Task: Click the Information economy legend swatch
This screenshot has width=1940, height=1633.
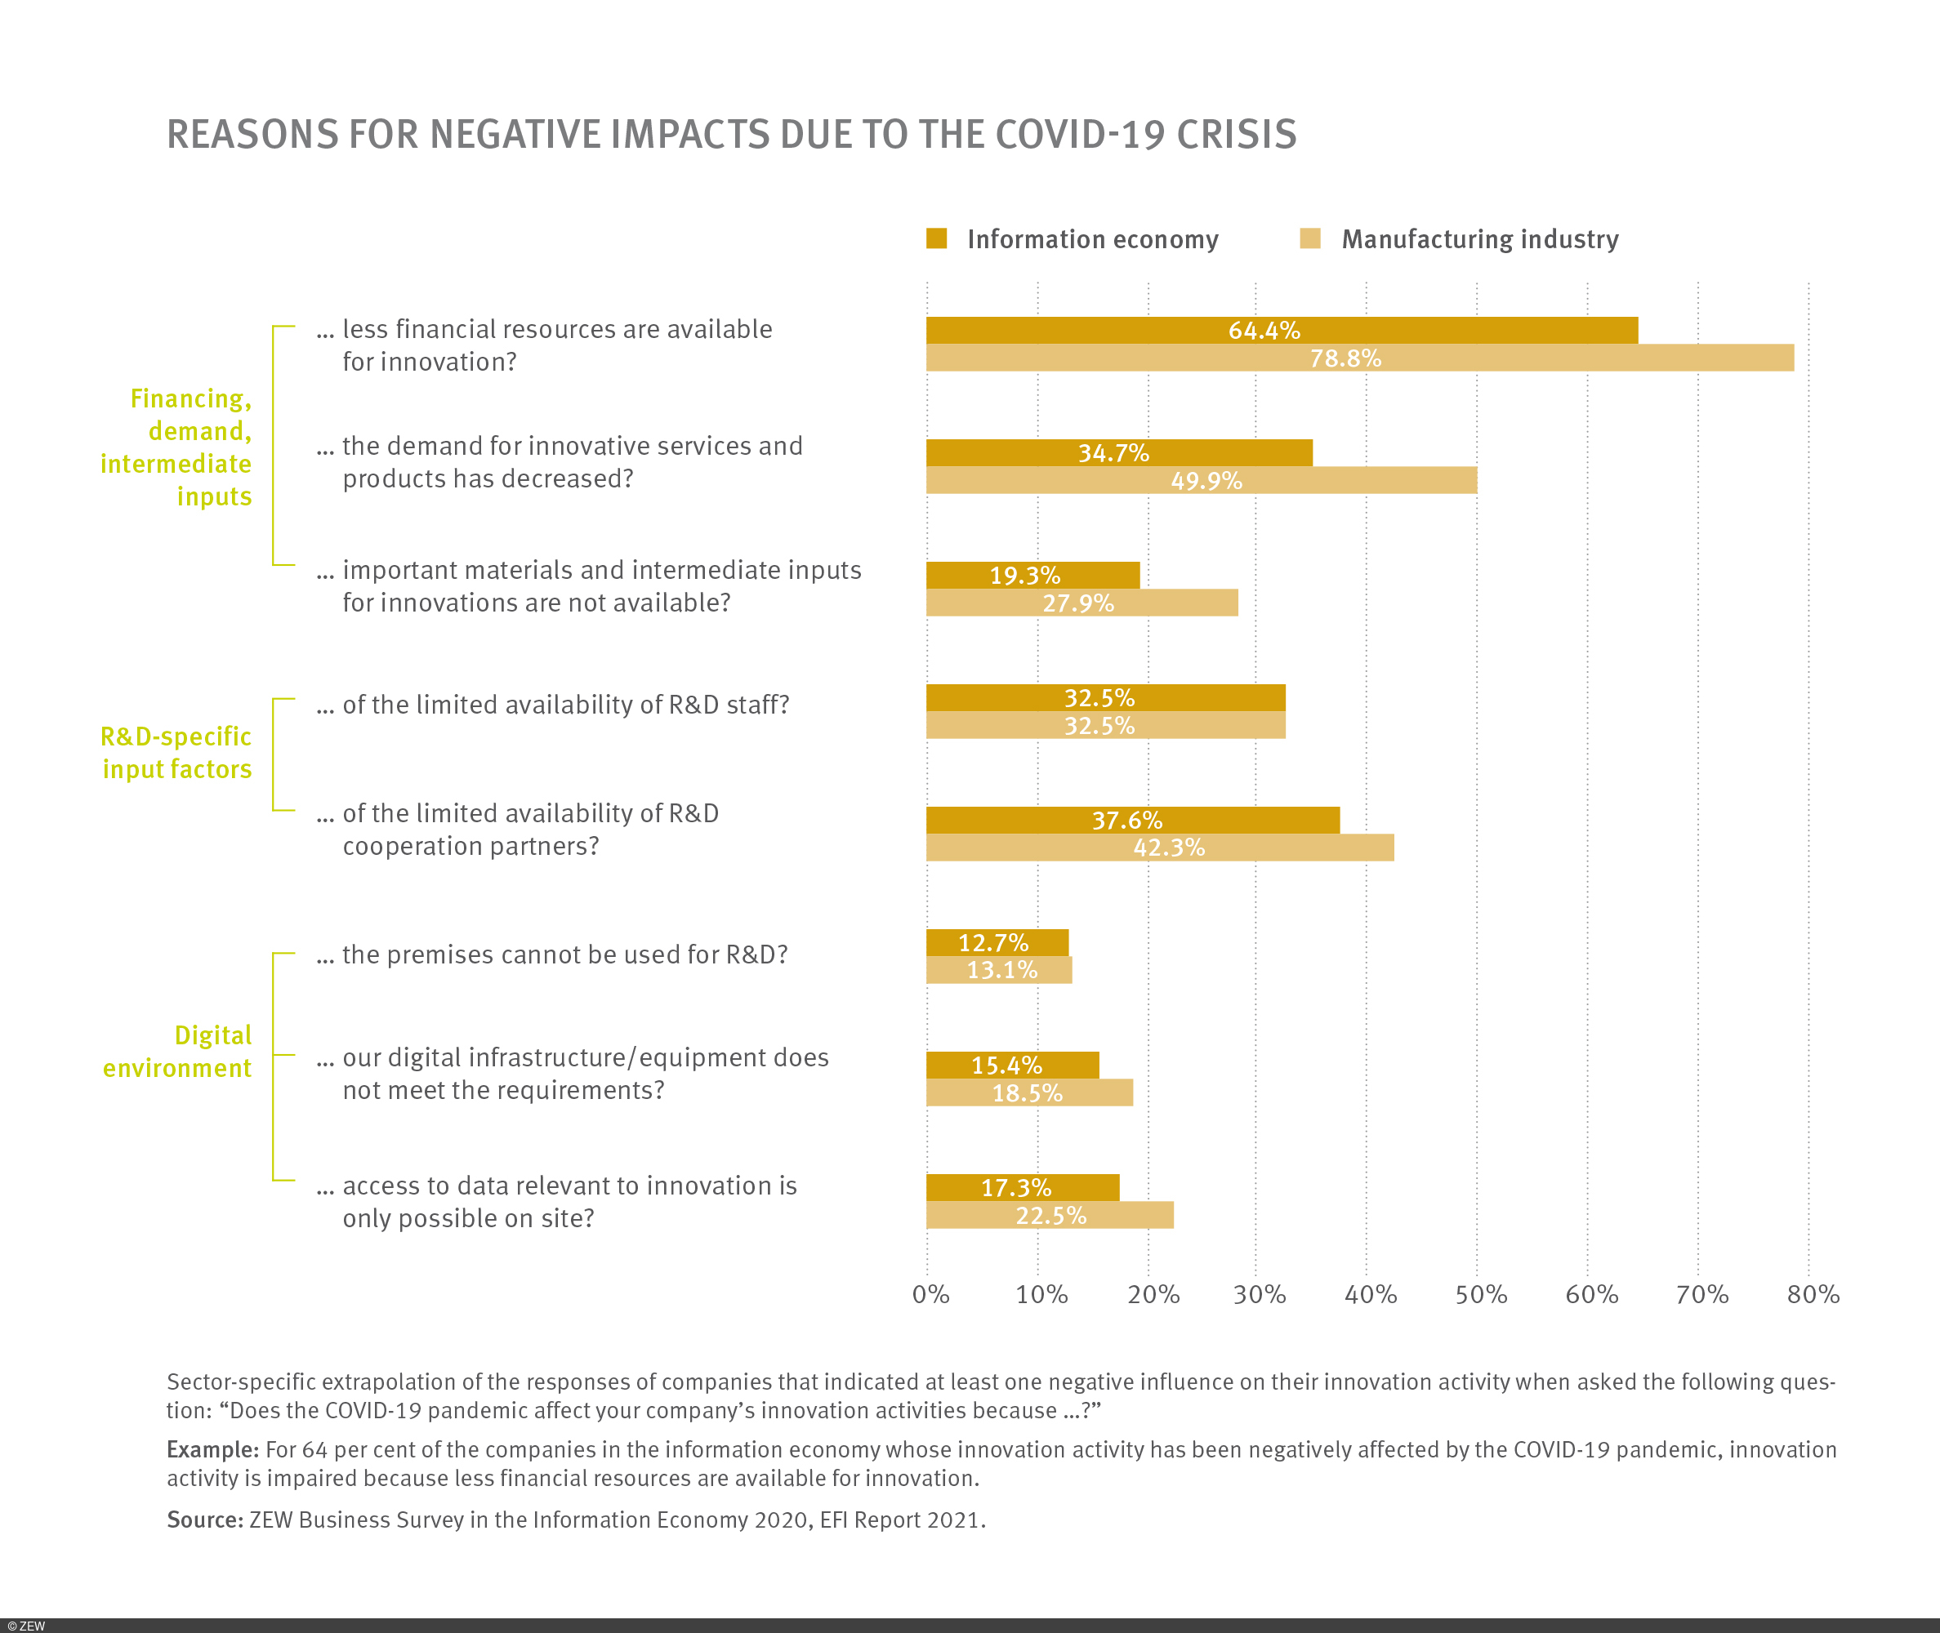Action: point(936,239)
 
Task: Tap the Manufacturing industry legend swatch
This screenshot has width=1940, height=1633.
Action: point(1310,239)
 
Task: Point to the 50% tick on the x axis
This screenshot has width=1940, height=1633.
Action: point(1481,1294)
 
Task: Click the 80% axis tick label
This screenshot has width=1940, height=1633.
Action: point(1813,1294)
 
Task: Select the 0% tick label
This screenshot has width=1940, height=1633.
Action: point(930,1294)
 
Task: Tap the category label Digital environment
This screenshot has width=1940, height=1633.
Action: point(177,1052)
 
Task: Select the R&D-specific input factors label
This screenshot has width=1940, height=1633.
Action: point(176,753)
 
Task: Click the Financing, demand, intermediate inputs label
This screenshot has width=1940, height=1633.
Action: point(176,447)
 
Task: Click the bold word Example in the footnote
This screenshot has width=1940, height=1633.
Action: point(212,1450)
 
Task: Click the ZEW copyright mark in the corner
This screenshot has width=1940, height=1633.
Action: point(26,1626)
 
